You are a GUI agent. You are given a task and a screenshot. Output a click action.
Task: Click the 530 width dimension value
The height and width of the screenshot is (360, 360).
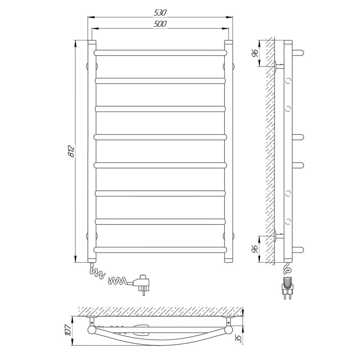coord(160,13)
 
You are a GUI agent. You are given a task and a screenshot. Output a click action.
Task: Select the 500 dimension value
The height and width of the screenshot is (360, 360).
coord(160,24)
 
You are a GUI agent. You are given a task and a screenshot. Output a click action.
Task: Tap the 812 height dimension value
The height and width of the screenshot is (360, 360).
coord(72,151)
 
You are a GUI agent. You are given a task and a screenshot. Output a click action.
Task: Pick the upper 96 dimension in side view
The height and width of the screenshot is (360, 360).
coord(256,53)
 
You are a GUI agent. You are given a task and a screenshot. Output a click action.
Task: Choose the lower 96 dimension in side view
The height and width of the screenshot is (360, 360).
coord(256,249)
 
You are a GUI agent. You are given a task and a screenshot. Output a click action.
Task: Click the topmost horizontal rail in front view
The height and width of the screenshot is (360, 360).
coord(160,53)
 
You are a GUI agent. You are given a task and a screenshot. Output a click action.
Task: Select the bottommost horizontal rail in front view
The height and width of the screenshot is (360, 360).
coord(160,250)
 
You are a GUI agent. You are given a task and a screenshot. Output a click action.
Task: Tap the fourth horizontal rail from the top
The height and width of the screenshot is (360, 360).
coord(160,137)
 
